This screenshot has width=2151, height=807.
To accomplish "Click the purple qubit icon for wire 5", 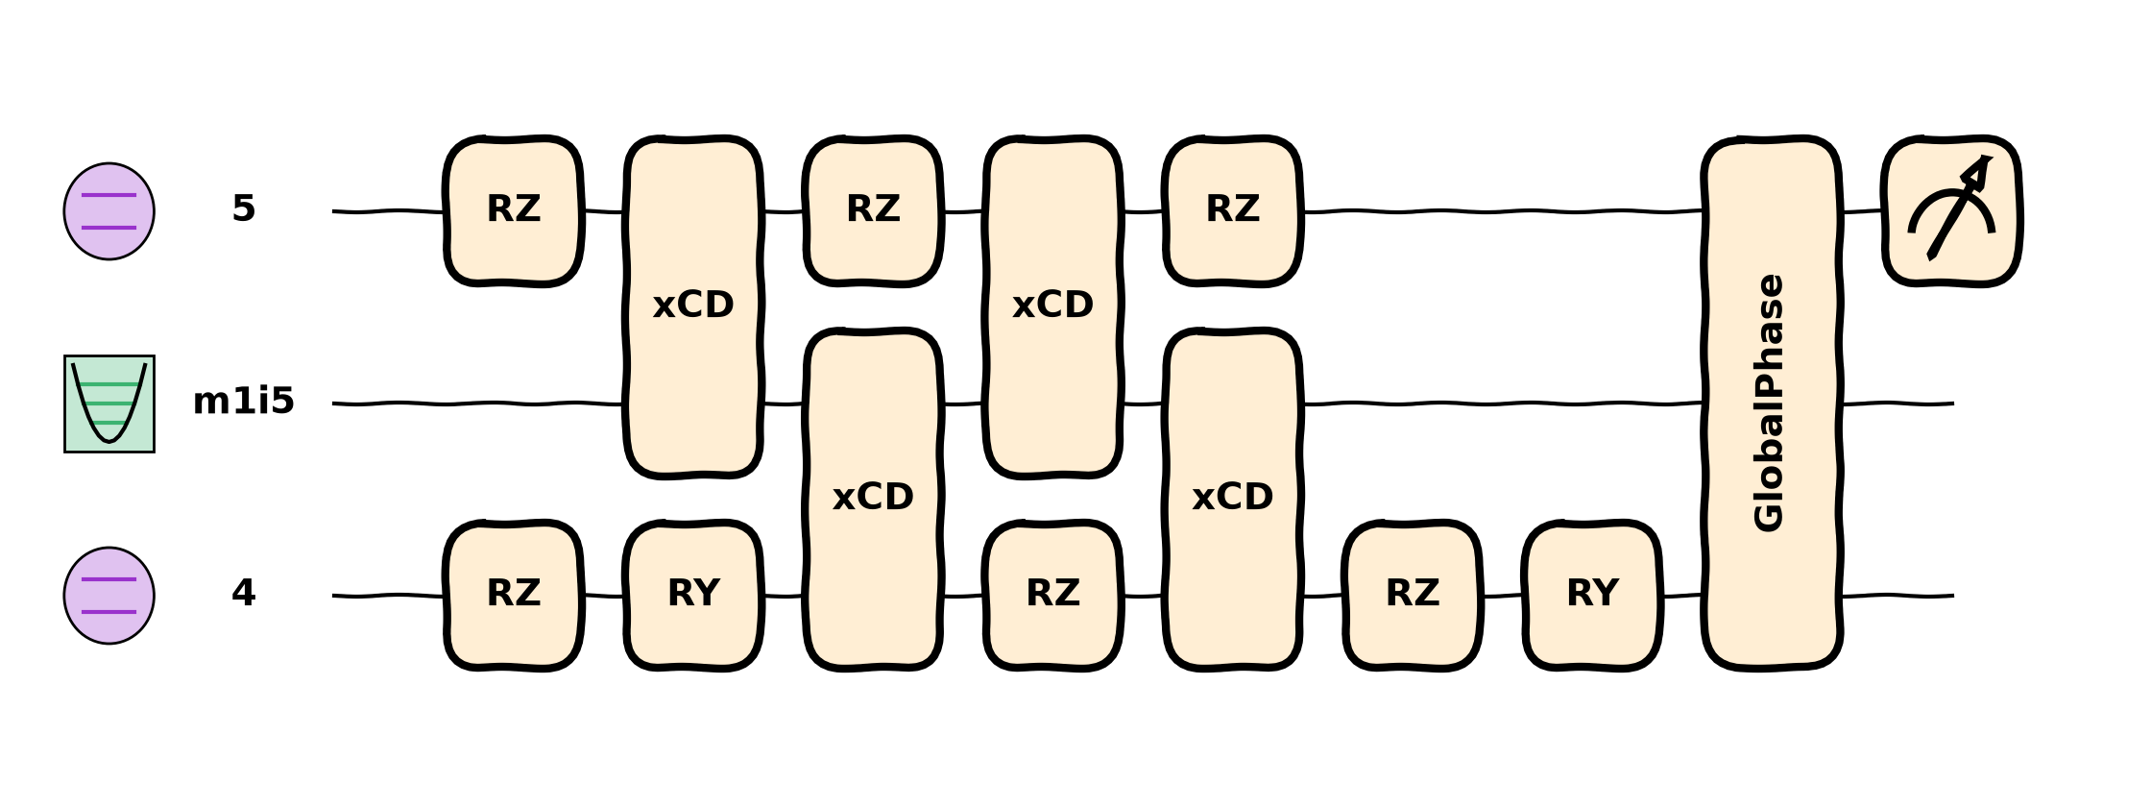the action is click(x=109, y=211).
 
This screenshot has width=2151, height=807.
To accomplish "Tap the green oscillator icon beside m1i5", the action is click(x=109, y=403).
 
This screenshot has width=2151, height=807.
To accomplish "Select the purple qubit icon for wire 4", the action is click(x=109, y=596).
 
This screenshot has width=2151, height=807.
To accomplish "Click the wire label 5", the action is click(x=244, y=209).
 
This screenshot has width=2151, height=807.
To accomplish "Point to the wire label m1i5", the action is click(x=244, y=402).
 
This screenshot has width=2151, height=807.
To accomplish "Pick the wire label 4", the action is click(x=244, y=594).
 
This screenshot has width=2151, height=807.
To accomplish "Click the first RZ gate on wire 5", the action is click(x=514, y=211).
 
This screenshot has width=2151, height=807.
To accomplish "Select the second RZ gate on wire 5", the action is click(x=873, y=211).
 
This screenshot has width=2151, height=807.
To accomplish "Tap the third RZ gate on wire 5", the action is click(x=1233, y=211).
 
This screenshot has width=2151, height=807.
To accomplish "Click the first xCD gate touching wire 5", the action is click(x=693, y=307).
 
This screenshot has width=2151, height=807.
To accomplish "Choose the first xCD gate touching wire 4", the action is click(x=873, y=500).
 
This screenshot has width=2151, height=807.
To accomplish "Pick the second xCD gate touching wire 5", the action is click(x=1053, y=307).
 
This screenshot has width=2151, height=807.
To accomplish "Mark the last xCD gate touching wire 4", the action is click(x=1233, y=500).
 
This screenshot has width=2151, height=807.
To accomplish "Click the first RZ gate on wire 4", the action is click(x=514, y=596).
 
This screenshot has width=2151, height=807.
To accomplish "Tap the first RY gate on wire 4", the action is click(x=693, y=596).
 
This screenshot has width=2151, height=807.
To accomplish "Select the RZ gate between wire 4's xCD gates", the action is click(x=1053, y=596).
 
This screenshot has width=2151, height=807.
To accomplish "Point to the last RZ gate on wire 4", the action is click(x=1413, y=596).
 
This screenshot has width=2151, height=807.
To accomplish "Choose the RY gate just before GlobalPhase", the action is click(x=1592, y=596).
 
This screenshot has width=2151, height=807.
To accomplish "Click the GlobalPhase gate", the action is click(x=1772, y=403).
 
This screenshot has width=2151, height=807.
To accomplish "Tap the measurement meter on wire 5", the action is click(x=1952, y=211).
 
